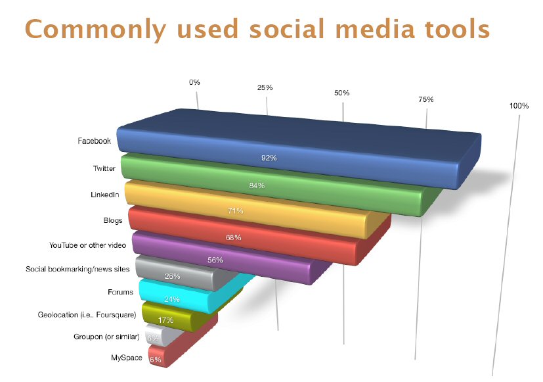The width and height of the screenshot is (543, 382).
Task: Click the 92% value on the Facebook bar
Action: click(x=269, y=158)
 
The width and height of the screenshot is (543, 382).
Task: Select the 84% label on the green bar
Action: click(x=257, y=186)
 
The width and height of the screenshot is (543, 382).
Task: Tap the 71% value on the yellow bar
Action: click(x=236, y=211)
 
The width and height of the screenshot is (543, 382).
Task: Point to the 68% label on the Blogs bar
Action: click(x=233, y=237)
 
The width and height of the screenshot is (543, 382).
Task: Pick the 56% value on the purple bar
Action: click(x=215, y=260)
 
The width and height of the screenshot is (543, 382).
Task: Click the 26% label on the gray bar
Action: click(x=172, y=276)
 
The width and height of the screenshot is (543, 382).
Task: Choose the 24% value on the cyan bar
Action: click(x=172, y=299)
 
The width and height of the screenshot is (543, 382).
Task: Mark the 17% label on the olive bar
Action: click(x=165, y=320)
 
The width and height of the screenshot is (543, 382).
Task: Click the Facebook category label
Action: click(x=94, y=141)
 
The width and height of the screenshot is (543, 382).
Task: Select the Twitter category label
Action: click(x=104, y=168)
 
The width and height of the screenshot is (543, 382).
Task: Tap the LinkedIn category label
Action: click(x=105, y=195)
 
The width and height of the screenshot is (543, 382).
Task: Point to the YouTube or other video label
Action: click(x=87, y=245)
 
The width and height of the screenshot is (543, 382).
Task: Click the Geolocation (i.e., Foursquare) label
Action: click(x=87, y=315)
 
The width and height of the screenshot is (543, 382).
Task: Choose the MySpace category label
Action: click(x=127, y=358)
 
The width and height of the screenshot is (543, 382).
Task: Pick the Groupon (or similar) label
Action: click(x=106, y=337)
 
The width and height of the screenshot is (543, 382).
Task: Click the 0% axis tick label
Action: click(x=194, y=82)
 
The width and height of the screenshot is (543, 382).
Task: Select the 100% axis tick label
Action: click(x=519, y=106)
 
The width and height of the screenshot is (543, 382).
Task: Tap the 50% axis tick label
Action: click(x=342, y=93)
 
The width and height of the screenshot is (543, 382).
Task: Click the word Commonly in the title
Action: click(x=96, y=30)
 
